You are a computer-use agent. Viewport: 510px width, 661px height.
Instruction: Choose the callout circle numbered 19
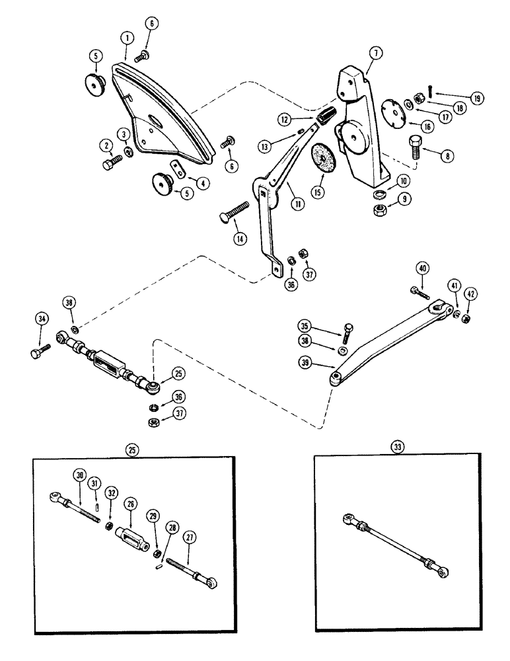476,97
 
